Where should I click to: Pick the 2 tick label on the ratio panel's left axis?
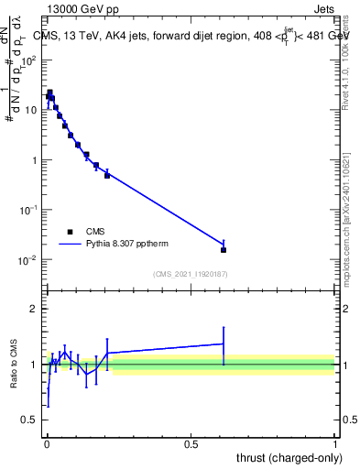35,309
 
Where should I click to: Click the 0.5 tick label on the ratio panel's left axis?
32,420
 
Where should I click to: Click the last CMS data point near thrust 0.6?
224,249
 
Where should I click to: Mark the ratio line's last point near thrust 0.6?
224,344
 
